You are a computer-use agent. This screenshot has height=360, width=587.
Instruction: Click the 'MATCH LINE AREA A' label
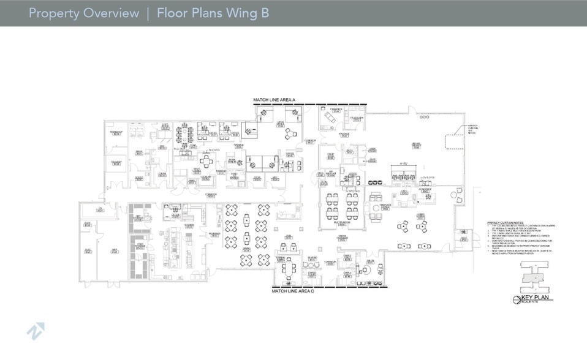click(x=275, y=99)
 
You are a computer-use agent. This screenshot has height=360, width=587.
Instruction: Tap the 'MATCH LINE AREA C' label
click(x=292, y=291)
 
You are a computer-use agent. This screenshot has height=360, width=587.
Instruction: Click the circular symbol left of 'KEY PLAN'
click(x=517, y=299)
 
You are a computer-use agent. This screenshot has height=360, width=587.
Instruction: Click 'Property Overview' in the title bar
click(x=84, y=13)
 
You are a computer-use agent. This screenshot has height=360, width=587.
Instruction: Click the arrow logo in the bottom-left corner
click(x=35, y=331)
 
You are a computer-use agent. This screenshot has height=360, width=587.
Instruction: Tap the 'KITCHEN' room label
click(x=189, y=226)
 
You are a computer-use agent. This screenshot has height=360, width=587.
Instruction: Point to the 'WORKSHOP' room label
click(x=116, y=133)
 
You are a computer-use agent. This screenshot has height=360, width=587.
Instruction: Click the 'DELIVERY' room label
click(x=116, y=162)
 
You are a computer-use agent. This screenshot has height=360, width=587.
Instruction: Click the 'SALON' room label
click(x=370, y=261)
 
